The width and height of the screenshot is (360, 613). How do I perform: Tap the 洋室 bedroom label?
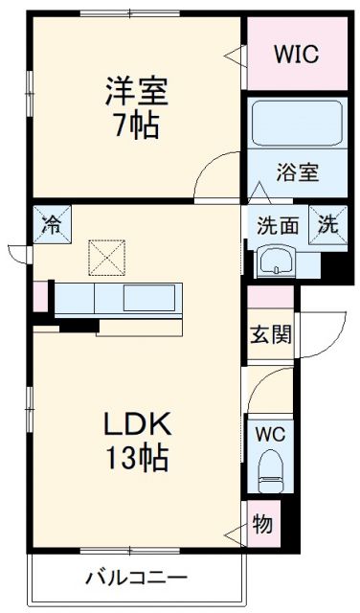137,93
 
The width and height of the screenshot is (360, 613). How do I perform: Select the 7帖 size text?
137,125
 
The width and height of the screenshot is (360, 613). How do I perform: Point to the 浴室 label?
297,175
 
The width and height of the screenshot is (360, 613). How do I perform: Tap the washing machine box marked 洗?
327,226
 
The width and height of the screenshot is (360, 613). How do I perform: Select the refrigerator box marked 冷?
50,225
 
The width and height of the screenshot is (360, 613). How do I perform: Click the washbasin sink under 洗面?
276,260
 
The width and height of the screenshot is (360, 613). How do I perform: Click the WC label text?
269,432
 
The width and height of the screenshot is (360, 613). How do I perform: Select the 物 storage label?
261,524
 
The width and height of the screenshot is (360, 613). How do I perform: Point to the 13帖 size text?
138,457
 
